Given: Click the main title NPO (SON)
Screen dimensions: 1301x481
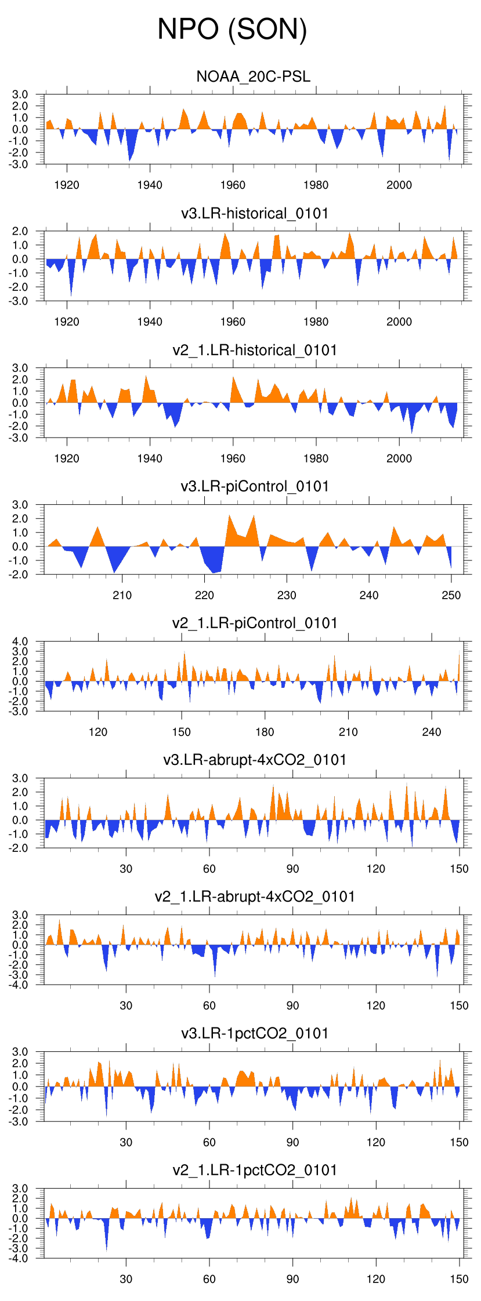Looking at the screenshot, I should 232,29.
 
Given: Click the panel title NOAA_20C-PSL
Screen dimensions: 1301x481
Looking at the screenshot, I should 254,76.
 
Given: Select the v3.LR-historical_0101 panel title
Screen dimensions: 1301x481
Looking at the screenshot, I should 255,214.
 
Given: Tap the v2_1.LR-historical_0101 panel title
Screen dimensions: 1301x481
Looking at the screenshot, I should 255,351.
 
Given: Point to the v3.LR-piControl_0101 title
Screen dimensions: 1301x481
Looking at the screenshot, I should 255,487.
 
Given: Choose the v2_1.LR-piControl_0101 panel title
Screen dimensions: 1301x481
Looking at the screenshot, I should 255,624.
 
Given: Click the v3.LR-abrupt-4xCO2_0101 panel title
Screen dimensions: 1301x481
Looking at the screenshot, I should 255,760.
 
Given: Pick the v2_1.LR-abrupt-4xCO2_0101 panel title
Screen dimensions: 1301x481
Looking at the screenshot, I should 255,897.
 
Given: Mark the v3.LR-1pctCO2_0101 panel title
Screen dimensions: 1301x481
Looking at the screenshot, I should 255,1033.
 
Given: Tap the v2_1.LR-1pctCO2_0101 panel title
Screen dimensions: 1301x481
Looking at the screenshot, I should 255,1170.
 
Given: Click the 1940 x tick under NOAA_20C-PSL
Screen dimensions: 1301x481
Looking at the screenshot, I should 150,185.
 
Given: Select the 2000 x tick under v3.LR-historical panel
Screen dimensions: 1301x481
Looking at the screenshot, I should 399,322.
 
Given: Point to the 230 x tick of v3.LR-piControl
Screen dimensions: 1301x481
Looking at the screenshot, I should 287,595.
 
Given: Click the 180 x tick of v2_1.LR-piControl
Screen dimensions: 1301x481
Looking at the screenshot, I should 265,732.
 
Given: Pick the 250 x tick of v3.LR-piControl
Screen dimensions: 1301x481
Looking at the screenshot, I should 451,595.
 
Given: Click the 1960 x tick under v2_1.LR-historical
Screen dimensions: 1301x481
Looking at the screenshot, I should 233,458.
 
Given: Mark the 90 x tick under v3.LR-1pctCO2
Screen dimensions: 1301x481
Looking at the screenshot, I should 292,1142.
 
